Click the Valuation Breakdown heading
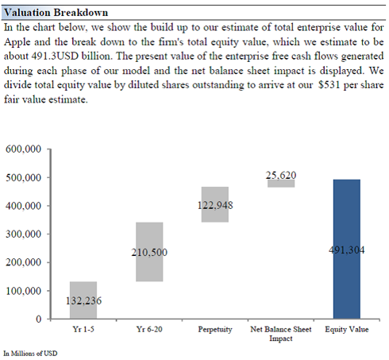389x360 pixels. [x=56, y=13]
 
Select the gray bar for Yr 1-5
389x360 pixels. [x=83, y=300]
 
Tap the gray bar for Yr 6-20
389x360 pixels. [x=149, y=252]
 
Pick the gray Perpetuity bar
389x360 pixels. [x=215, y=204]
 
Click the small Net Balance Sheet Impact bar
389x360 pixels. [x=281, y=184]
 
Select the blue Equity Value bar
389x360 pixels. [x=347, y=249]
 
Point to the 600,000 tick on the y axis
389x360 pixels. [x=23, y=149]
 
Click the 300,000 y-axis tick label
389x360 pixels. [x=23, y=234]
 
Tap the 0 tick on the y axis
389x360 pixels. [x=39, y=319]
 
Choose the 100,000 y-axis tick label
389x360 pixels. [x=23, y=291]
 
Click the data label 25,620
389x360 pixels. [x=281, y=175]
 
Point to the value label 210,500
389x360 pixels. [x=149, y=252]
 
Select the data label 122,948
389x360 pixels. [x=215, y=205]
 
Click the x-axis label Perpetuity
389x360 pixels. [x=215, y=330]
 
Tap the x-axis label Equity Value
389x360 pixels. [x=347, y=330]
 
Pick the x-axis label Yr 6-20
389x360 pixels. [x=149, y=329]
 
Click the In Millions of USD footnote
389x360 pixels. [x=30, y=354]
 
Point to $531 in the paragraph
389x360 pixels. [x=329, y=85]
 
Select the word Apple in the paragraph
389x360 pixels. [x=17, y=42]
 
